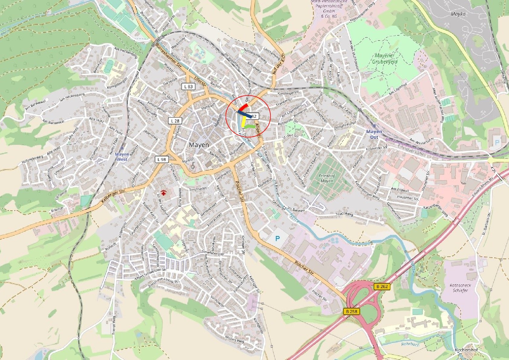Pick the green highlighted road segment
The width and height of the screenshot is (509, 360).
[x=250, y=126]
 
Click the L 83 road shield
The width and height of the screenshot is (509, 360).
[x=188, y=87]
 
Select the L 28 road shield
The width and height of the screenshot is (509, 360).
[x=175, y=121]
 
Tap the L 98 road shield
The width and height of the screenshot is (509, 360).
[x=162, y=159]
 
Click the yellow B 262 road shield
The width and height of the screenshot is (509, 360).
[x=382, y=286]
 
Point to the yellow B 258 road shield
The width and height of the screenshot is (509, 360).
[x=351, y=311]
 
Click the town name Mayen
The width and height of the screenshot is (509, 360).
[x=199, y=145]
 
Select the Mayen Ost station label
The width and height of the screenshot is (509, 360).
[x=374, y=134]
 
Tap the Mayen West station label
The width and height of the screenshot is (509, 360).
[x=122, y=156]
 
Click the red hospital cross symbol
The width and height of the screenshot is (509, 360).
[x=164, y=192]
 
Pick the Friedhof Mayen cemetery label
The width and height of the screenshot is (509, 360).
[x=327, y=178]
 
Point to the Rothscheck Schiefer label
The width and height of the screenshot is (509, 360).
[x=460, y=288]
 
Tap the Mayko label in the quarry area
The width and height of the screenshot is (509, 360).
[x=458, y=14]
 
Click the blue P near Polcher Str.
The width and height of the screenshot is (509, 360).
[x=277, y=239]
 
